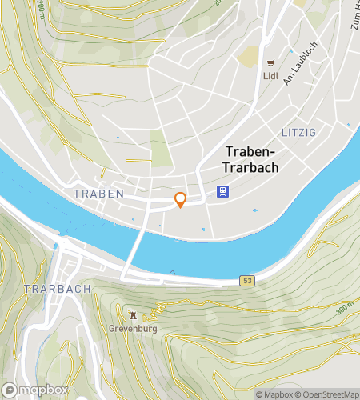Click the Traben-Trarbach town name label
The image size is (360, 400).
[x=251, y=159]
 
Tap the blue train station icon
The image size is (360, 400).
[x=222, y=191]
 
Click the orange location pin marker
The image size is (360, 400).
[x=181, y=200]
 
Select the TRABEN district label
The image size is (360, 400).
[x=98, y=194]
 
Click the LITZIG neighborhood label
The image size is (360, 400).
[x=299, y=130]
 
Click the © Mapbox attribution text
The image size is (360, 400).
[x=273, y=394]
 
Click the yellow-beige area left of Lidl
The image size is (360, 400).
[x=250, y=55]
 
